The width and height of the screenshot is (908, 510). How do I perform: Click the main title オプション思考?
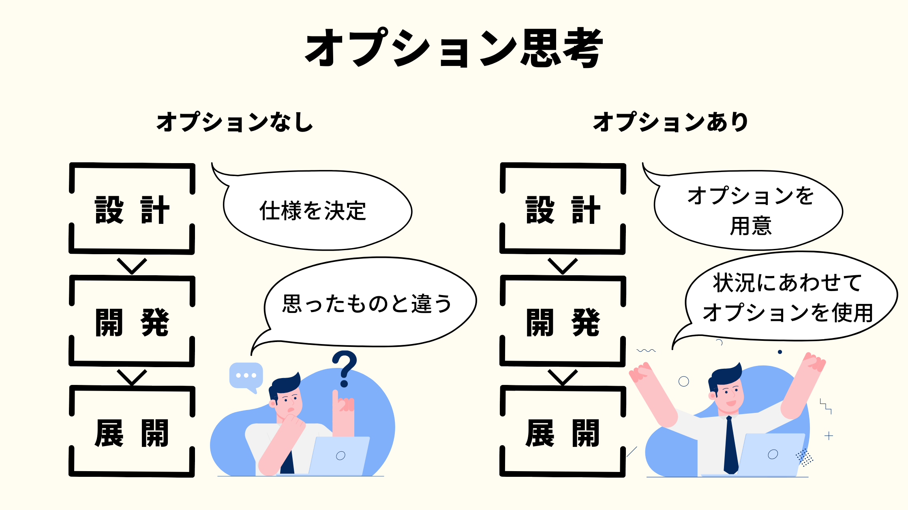454,48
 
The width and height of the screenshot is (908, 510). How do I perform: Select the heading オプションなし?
235,122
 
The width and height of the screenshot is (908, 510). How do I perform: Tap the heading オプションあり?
671,122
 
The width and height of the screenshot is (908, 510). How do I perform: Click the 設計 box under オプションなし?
132,209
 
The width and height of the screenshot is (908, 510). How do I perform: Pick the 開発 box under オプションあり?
563,322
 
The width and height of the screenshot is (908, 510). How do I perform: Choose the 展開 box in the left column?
132,432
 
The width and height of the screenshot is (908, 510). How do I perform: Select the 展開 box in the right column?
563,432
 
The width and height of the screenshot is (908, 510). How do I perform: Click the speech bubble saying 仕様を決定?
313,211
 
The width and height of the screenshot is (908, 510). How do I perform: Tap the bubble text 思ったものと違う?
367,304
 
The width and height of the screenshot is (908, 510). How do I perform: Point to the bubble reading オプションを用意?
750,210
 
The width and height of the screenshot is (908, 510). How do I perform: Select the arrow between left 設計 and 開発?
132,266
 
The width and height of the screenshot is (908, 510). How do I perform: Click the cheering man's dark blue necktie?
730,445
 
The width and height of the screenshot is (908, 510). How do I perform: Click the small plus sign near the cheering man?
829,436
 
